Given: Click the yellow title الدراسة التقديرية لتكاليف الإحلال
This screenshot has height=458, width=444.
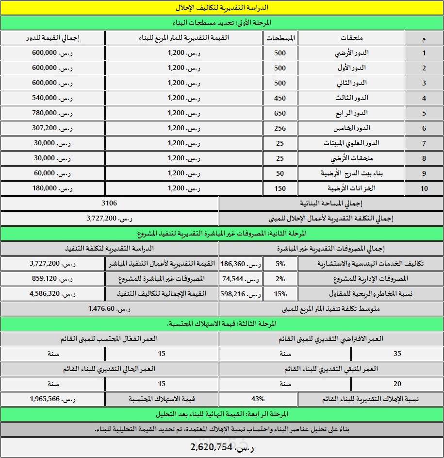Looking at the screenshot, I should click(x=221, y=8).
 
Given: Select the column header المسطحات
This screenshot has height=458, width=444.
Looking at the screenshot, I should click(x=280, y=38).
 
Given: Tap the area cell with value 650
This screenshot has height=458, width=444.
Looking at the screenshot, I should click(x=280, y=113).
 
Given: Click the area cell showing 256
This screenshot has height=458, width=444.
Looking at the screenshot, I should click(x=280, y=128).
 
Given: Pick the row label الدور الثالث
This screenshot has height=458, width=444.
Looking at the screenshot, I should click(x=352, y=98).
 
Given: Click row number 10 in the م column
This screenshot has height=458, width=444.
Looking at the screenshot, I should click(x=424, y=188).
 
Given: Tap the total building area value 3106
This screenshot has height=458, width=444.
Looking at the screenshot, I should click(x=110, y=204).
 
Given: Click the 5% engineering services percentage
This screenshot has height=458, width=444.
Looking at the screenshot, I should click(x=280, y=263).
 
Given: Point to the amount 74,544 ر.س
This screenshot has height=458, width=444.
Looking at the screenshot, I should click(x=241, y=279).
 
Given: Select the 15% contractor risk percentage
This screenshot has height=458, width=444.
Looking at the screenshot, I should click(x=280, y=294).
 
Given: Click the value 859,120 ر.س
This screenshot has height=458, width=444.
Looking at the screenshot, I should click(x=51, y=279).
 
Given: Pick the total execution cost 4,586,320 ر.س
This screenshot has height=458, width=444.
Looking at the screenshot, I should click(x=51, y=294).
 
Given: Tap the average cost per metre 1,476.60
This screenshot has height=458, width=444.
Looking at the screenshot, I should click(x=109, y=309).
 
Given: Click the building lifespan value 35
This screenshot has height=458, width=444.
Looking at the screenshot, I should click(x=397, y=354).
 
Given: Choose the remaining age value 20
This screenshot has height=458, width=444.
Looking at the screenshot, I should click(x=397, y=384).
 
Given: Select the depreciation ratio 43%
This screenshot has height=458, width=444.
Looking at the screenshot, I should click(x=258, y=399).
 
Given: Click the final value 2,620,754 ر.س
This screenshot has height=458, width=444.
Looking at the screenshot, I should click(x=221, y=447).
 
